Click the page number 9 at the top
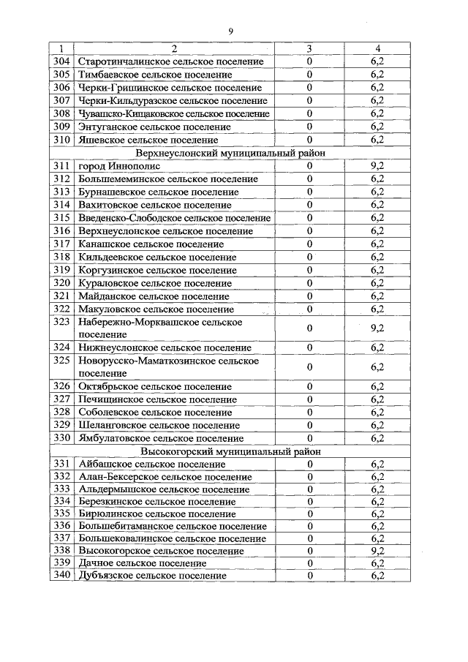tap(230, 31)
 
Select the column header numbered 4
tap(377, 48)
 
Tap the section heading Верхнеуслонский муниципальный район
tap(230, 153)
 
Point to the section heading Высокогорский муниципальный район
tap(230, 451)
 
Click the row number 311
tap(61, 166)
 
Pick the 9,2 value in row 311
tap(377, 166)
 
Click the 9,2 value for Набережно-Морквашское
tap(377, 328)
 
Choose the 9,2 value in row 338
tap(377, 550)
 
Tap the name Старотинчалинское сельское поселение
tap(170, 61)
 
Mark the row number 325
tap(61, 361)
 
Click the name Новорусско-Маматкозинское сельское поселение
tap(168, 366)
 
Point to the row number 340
tap(61, 576)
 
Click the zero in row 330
tap(309, 438)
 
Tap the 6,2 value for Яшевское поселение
tap(377, 140)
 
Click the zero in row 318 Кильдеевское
tap(309, 257)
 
